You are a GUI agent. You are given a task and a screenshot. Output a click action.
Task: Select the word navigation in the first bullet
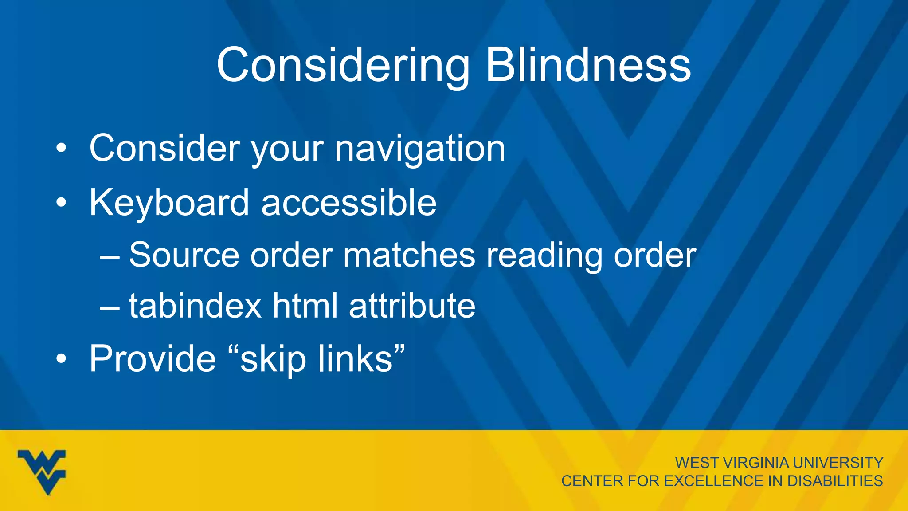420,149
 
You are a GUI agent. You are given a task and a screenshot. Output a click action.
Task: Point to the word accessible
349,203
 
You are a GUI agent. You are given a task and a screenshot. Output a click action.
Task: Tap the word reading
544,256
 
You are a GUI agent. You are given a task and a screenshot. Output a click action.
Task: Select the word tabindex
195,306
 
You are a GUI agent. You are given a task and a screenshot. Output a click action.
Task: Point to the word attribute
412,306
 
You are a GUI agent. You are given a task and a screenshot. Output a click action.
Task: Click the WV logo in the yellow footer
42,472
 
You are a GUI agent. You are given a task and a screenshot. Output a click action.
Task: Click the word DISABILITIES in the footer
835,481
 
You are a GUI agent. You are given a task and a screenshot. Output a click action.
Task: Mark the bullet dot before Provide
61,359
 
